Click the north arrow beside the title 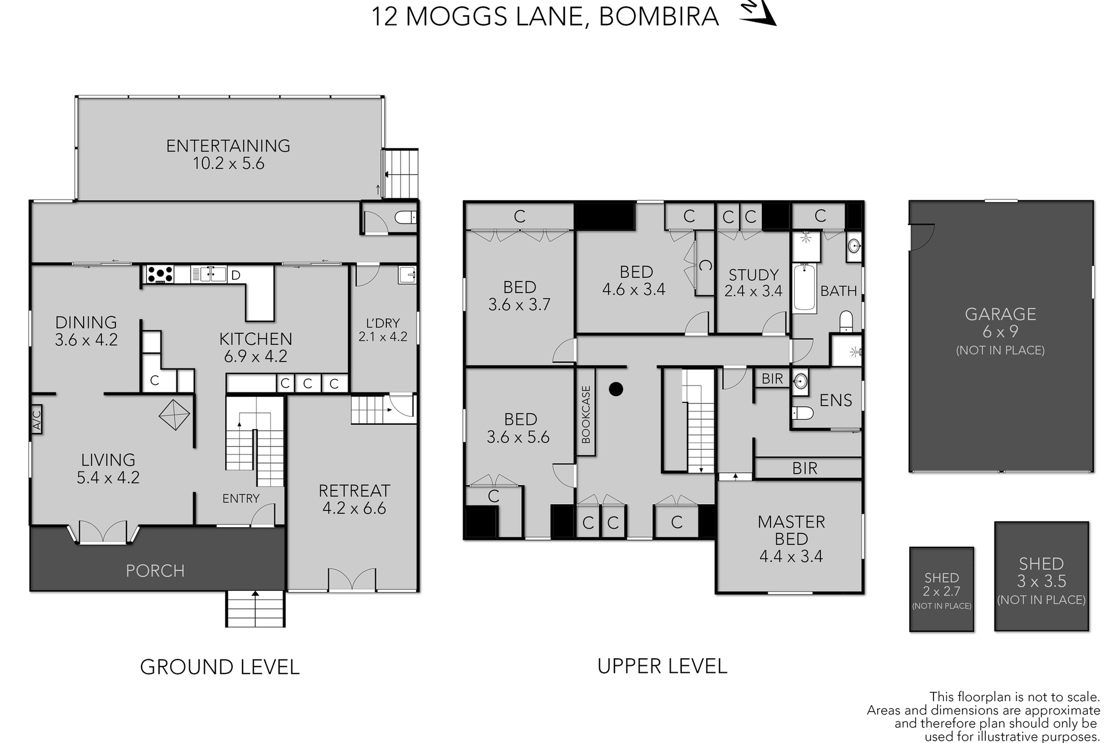(x=758, y=13)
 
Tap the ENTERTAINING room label (x=228, y=146)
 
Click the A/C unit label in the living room (x=37, y=419)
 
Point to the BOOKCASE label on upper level (x=586, y=414)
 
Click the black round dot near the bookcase (x=616, y=388)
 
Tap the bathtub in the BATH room (x=804, y=287)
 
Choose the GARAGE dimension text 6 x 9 (x=1000, y=332)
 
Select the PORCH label (x=155, y=571)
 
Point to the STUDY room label (x=753, y=275)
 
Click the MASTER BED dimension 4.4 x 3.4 (x=791, y=556)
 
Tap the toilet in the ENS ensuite (x=802, y=413)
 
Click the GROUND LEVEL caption (x=220, y=667)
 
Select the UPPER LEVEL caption (x=662, y=666)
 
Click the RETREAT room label (x=354, y=490)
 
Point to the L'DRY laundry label (x=382, y=323)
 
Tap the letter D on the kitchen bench (x=236, y=275)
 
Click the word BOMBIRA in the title (x=659, y=16)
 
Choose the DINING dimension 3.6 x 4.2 (x=86, y=340)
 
